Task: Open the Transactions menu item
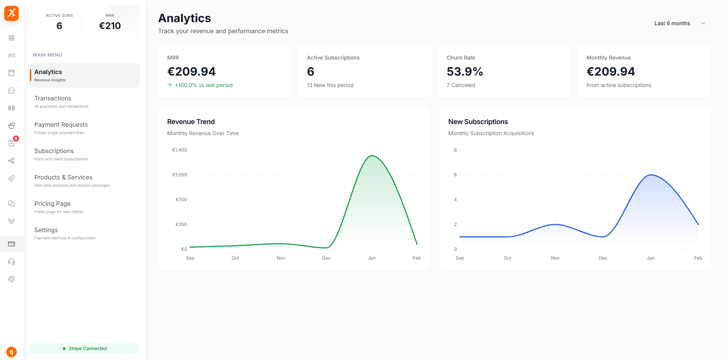[53, 98]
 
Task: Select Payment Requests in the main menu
[61, 125]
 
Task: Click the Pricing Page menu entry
[52, 204]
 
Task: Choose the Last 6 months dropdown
[679, 23]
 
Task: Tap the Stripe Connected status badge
[85, 349]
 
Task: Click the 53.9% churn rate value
[464, 71]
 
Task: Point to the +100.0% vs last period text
[203, 85]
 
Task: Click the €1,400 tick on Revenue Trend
[179, 150]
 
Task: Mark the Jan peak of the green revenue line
[372, 156]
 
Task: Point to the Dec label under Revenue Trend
[326, 258]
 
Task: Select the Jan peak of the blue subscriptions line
[651, 175]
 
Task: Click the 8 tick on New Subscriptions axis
[455, 150]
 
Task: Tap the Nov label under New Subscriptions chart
[555, 258]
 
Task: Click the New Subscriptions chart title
[478, 122]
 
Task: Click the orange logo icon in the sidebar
[11, 13]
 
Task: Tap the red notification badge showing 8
[16, 139]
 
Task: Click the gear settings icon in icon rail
[11, 279]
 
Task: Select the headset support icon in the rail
[11, 262]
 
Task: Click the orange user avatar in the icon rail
[11, 352]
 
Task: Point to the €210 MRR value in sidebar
[110, 26]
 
